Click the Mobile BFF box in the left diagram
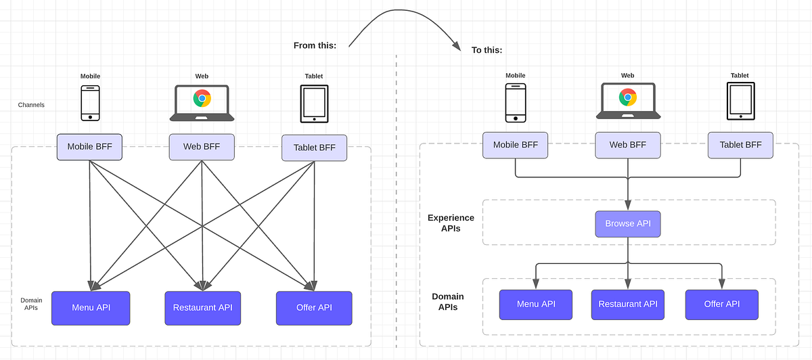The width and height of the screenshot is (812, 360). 89,146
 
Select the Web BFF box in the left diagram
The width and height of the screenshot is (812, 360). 202,146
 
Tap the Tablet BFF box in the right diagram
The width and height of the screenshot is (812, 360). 740,145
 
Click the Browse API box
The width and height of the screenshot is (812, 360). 628,224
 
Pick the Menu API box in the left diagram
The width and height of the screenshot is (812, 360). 91,308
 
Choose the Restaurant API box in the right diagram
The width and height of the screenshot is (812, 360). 628,305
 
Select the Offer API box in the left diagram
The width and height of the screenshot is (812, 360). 314,308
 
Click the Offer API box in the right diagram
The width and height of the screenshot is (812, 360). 722,305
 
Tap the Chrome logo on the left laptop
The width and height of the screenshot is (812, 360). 202,99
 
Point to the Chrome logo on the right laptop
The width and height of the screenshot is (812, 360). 628,97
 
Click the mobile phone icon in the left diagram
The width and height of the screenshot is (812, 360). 90,103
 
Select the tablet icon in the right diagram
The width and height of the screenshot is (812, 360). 740,102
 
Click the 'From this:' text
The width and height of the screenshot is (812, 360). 316,45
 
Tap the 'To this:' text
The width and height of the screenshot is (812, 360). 487,49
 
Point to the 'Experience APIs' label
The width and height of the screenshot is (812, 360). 451,223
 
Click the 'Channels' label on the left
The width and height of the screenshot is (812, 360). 31,105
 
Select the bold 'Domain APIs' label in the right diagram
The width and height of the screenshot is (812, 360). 448,302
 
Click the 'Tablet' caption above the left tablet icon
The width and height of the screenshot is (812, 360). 314,76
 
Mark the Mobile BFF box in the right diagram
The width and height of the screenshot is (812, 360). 515,145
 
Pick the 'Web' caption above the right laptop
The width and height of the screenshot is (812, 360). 627,76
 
